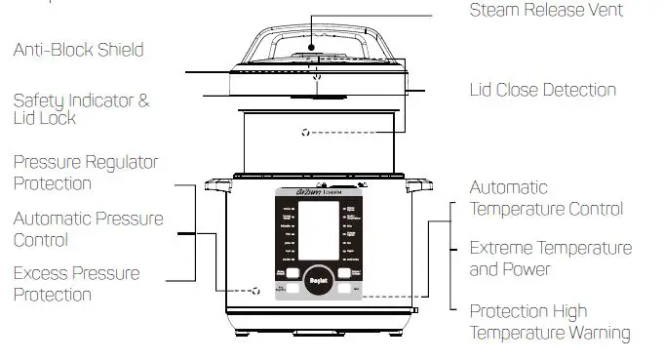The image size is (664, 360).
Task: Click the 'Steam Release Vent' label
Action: (545, 11)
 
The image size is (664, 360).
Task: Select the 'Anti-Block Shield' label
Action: (78, 50)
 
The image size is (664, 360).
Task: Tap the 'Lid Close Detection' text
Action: (542, 90)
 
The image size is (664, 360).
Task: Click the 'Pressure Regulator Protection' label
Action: (86, 172)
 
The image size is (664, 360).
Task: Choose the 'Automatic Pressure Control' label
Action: (88, 229)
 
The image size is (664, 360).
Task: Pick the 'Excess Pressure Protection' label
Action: (76, 284)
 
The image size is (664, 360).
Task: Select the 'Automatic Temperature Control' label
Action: (545, 197)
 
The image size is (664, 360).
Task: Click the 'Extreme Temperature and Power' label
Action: (550, 259)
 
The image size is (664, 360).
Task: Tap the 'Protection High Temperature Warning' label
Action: (550, 322)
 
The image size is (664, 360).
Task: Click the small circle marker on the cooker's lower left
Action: (255, 291)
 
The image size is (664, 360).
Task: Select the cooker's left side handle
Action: (216, 181)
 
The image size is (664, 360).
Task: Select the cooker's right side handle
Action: (419, 181)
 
